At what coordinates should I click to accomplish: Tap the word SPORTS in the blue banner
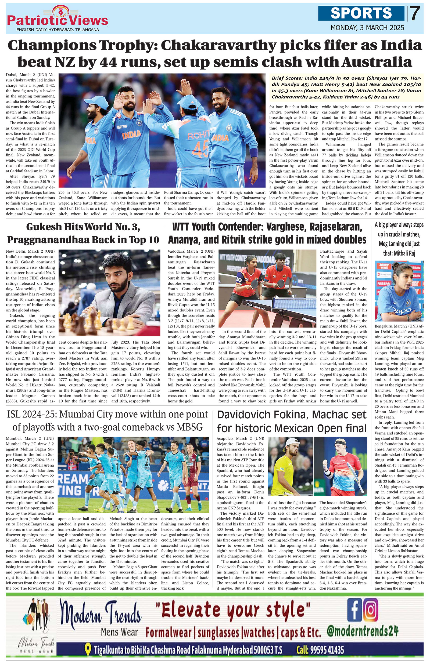click(x=361, y=13)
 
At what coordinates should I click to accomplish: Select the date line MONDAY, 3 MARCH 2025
click(x=367, y=28)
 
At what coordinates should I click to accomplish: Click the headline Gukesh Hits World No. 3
click(x=83, y=227)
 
